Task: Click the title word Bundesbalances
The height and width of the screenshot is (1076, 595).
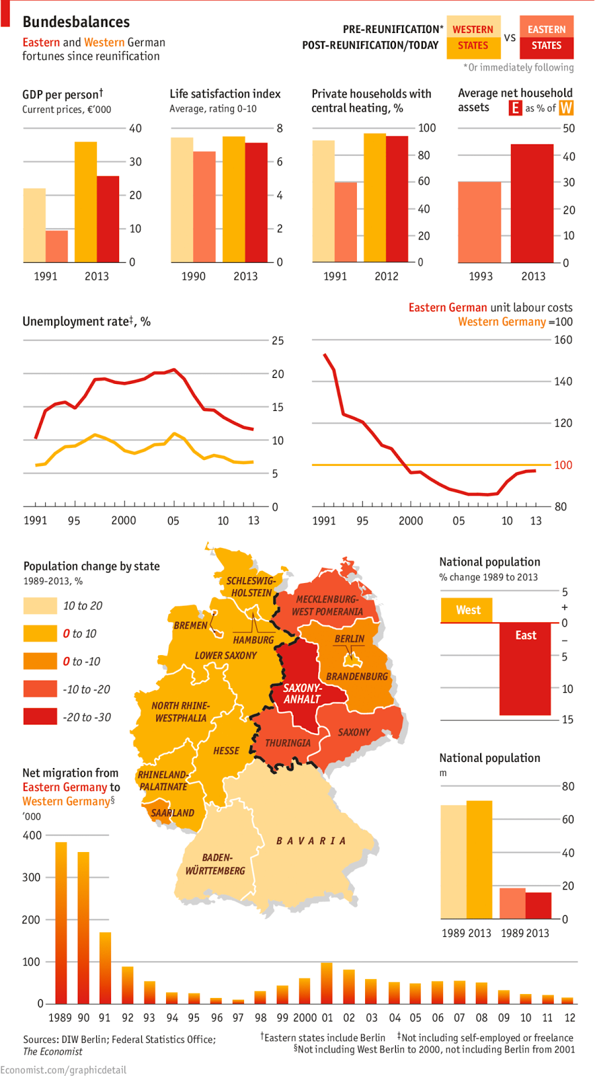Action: [76, 22]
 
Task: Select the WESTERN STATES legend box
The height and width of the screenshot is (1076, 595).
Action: [473, 38]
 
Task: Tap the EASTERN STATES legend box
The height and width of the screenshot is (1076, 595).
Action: [546, 38]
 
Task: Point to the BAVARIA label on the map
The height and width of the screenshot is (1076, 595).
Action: [311, 841]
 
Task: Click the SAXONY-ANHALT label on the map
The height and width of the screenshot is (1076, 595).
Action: [302, 693]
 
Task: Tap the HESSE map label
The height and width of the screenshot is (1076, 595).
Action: [226, 751]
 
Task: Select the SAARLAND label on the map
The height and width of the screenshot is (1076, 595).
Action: [172, 812]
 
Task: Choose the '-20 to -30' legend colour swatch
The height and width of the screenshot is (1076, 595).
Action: [40, 717]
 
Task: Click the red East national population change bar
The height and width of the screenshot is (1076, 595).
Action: [525, 669]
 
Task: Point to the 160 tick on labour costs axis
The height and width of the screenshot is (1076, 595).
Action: [563, 340]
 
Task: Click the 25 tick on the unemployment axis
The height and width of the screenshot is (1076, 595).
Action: [278, 340]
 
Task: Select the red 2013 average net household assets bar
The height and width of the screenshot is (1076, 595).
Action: [532, 203]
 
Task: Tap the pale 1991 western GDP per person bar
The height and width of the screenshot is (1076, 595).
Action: [34, 225]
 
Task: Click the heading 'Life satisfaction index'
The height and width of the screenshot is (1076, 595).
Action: [225, 93]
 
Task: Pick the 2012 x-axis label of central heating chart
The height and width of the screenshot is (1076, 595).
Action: [386, 276]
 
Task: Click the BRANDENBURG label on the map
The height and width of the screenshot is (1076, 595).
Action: [357, 676]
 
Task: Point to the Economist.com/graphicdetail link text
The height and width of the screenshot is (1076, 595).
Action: [63, 1069]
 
